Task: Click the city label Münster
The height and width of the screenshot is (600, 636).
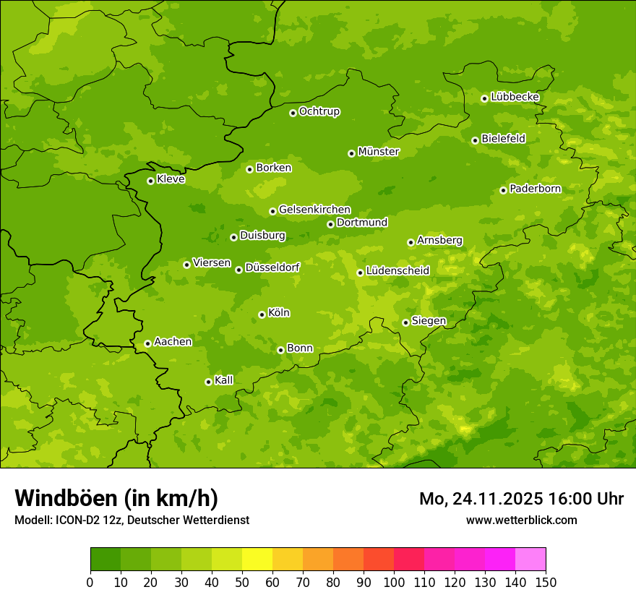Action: click(379, 152)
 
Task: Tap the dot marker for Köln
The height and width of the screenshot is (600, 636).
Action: click(262, 314)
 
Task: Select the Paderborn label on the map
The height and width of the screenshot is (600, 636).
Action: click(536, 189)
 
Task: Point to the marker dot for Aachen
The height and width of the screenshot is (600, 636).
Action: click(147, 343)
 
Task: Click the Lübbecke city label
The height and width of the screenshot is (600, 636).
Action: click(515, 97)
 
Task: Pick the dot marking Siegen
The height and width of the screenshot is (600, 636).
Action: click(405, 322)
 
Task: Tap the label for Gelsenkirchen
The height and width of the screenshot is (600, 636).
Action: click(314, 210)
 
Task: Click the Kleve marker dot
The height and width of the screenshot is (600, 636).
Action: click(150, 181)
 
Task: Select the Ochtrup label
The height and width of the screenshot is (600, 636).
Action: click(319, 111)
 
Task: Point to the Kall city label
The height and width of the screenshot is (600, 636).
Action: click(224, 380)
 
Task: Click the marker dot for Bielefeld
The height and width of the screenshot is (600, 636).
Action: click(475, 140)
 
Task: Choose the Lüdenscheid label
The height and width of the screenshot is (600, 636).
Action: click(398, 271)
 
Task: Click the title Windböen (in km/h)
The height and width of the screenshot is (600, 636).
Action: click(116, 498)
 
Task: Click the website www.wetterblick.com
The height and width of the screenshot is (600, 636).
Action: click(521, 520)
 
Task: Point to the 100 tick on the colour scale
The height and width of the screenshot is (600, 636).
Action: click(394, 582)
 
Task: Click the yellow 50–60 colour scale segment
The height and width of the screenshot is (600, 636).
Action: click(257, 560)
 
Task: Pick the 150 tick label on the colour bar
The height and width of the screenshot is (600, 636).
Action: click(546, 582)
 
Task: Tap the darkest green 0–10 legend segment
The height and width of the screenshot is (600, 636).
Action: click(106, 560)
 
